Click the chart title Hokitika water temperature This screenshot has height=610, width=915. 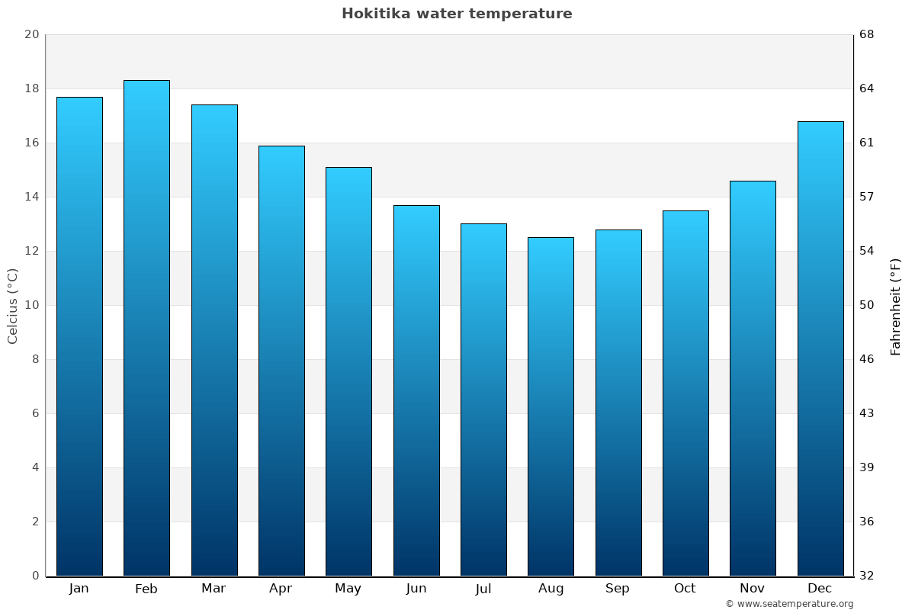pos(457,14)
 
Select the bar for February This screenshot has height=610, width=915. pos(146,328)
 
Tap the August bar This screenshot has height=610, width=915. pos(551,406)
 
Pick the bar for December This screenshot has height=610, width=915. pos(820,348)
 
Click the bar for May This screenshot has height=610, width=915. pos(348,371)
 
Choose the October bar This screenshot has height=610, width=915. pos(685,393)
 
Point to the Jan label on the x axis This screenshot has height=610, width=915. pos(79,589)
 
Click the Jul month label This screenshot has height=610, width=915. pos(483,589)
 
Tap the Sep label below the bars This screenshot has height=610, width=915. pos(618,589)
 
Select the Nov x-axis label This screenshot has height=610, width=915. pos(752,589)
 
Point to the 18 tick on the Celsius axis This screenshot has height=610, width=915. pos(31,88)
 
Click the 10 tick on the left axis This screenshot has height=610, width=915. pos(31,305)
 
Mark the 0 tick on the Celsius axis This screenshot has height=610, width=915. pos(35,576)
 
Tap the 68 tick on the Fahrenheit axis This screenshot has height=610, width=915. pos(866,34)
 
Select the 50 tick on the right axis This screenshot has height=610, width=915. pos(866,305)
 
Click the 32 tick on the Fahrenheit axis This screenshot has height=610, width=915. pos(866,576)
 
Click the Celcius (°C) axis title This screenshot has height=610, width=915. pos(12,306)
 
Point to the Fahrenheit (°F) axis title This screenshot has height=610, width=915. pos(896,306)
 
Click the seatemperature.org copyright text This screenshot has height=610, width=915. pos(789,604)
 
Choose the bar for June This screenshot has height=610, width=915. pos(416,390)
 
